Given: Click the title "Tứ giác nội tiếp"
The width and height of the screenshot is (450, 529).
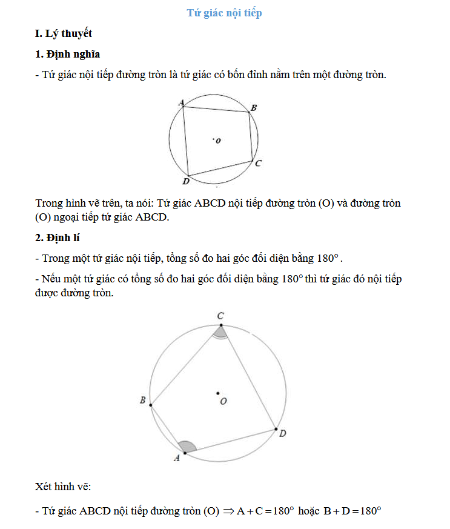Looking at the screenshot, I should (224, 13).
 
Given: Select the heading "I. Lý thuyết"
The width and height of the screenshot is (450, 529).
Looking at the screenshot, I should (64, 33).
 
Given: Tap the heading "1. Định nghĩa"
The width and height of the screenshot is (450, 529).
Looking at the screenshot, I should (68, 55).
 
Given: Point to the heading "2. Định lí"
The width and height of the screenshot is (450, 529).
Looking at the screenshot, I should (61, 237).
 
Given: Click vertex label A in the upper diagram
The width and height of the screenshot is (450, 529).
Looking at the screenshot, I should (181, 103).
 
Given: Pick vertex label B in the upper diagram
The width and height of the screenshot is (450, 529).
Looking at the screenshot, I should (254, 107).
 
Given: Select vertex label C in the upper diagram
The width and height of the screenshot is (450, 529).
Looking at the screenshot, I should (258, 163).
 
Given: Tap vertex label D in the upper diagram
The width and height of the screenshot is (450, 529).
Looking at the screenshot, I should (185, 181).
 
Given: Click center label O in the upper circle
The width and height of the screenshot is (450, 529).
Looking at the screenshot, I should (218, 141).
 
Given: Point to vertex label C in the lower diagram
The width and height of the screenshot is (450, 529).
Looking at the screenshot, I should (221, 315).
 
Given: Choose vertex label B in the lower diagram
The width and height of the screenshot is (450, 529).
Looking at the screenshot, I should (142, 400).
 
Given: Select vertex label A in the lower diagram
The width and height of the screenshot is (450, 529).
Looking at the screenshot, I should (177, 458).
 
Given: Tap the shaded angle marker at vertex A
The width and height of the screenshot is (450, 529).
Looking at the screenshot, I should (188, 447).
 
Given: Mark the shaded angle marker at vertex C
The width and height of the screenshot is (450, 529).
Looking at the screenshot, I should (221, 331).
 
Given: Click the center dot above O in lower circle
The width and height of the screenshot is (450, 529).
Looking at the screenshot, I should (218, 394).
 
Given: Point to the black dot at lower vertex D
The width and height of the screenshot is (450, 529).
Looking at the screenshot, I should (276, 428).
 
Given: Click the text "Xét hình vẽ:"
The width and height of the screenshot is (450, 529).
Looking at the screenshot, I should (63, 486).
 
